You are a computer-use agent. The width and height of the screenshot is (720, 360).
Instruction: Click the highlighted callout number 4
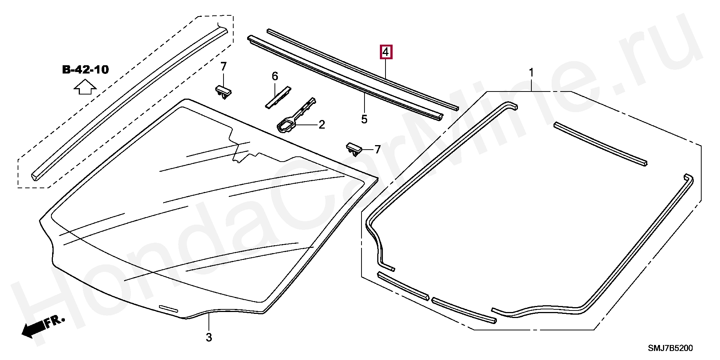[385, 52]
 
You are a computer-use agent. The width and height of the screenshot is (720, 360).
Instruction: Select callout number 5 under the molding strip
[364, 119]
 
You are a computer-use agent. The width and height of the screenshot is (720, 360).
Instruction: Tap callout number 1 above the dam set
[531, 73]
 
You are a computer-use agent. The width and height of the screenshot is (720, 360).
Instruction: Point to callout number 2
[321, 125]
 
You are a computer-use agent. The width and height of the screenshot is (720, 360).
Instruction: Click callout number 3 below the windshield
[209, 337]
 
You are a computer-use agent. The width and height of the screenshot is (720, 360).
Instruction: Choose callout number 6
[275, 76]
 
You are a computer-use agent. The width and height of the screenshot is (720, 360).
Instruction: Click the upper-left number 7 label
[223, 67]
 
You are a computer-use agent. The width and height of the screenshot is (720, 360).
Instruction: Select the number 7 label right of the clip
[377, 149]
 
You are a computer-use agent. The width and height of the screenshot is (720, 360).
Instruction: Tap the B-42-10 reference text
[85, 70]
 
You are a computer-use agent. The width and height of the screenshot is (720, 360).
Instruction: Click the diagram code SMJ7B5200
[670, 348]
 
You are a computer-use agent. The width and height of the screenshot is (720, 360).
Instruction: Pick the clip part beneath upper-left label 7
[223, 91]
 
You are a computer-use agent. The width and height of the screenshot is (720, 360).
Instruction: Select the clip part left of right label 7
[354, 148]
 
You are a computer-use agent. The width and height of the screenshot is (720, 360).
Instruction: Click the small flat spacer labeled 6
[278, 98]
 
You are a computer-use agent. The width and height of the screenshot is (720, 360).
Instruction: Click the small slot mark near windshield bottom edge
[168, 309]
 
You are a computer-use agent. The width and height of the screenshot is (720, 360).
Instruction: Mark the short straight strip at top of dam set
[600, 144]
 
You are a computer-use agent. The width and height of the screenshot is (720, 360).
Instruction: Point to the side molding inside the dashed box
[127, 103]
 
